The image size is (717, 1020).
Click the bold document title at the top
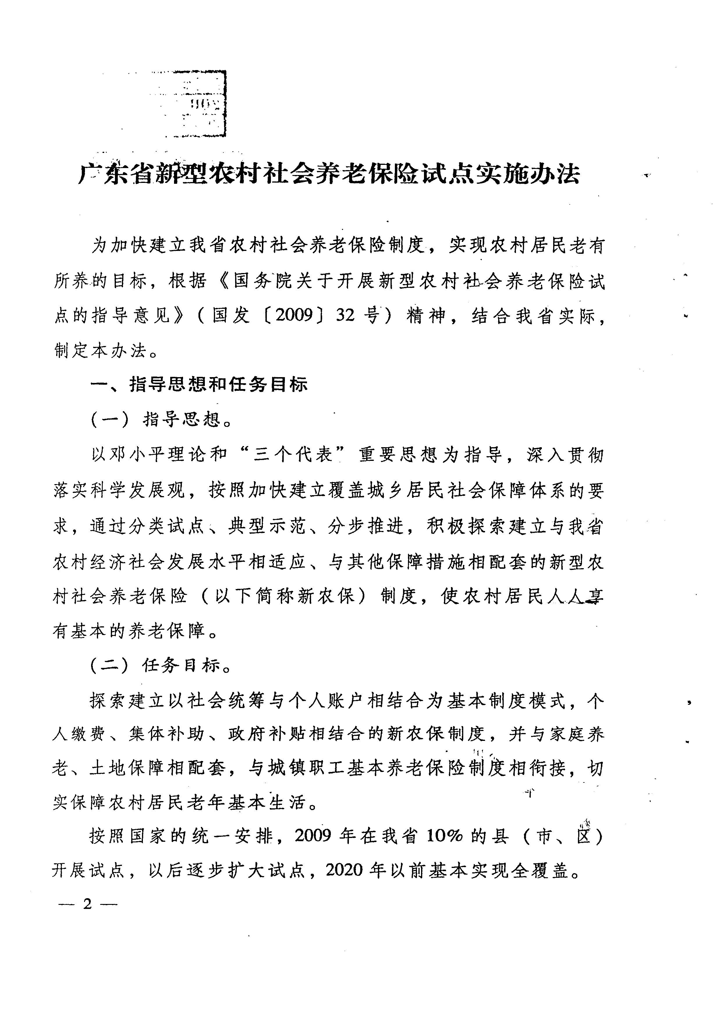[x=329, y=174]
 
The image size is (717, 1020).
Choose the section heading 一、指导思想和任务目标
[x=199, y=385]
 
